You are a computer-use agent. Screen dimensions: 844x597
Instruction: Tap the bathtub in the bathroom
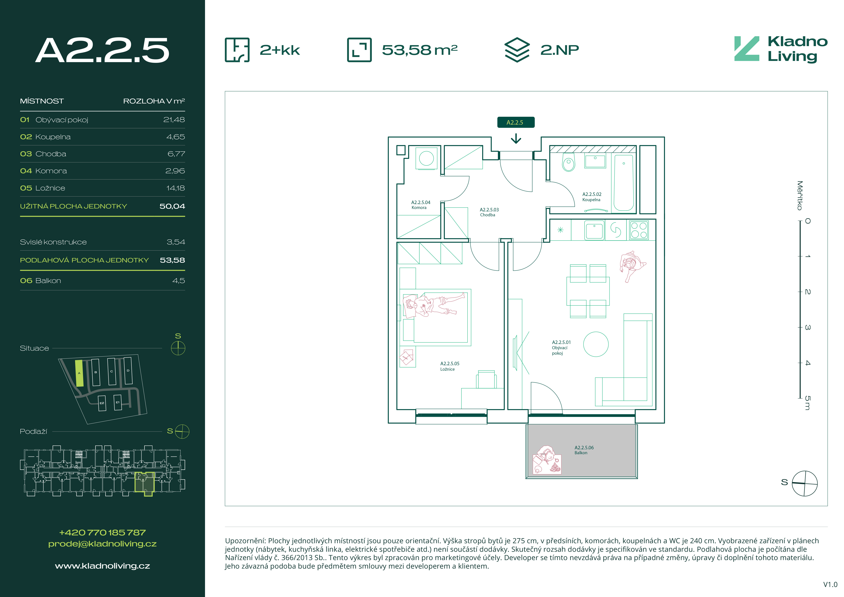(x=624, y=183)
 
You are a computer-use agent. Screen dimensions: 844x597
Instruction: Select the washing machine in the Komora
(x=426, y=158)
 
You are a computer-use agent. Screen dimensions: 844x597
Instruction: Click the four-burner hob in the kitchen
(x=639, y=230)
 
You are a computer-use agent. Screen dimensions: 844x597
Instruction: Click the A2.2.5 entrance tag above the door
(x=516, y=122)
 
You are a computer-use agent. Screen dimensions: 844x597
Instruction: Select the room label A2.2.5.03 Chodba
(x=489, y=212)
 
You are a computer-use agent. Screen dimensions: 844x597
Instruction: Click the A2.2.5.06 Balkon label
(x=584, y=450)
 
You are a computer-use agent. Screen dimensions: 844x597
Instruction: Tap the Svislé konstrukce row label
(x=53, y=242)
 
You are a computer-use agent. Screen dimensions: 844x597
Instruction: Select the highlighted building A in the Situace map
(x=79, y=373)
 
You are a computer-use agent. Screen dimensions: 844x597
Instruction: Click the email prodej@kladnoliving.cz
(x=103, y=544)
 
